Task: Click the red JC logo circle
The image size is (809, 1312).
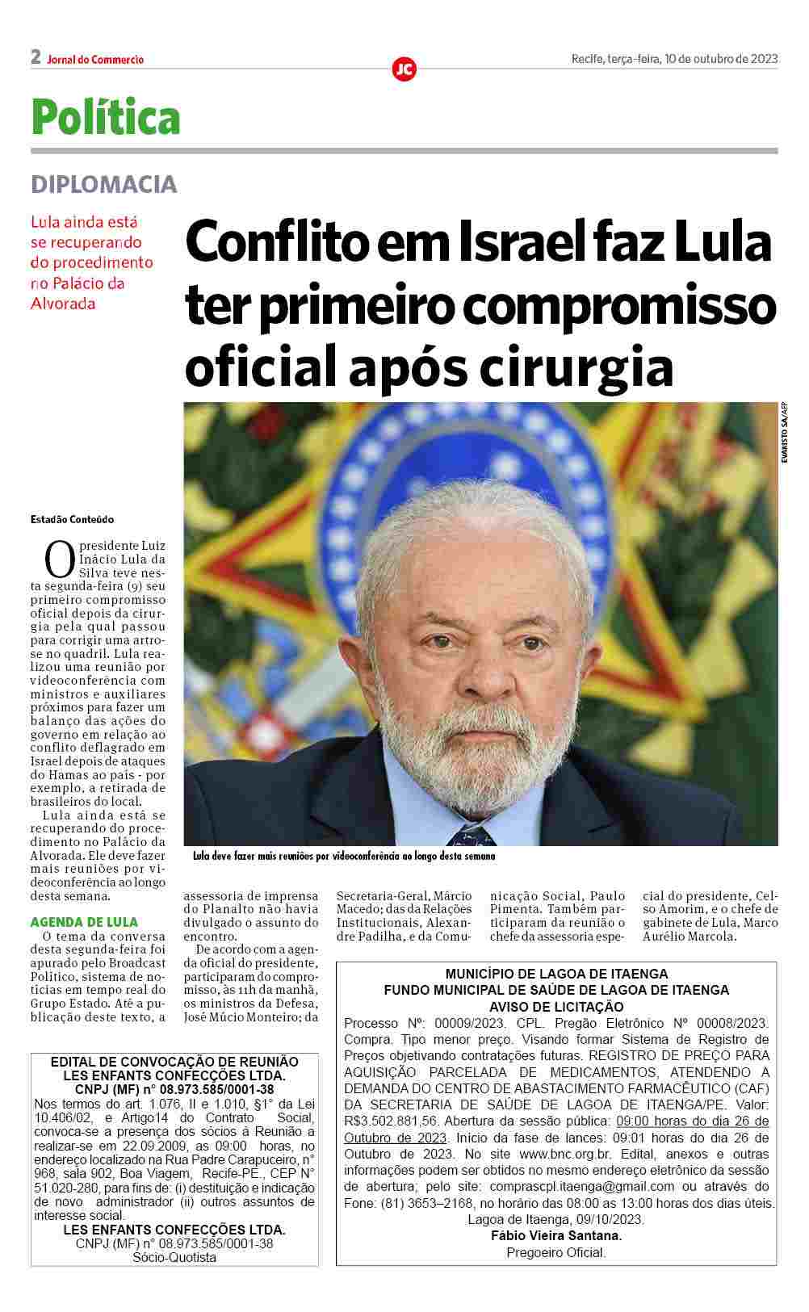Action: click(x=404, y=69)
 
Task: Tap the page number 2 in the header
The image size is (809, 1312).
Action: click(x=36, y=57)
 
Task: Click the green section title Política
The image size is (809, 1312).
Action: click(x=106, y=116)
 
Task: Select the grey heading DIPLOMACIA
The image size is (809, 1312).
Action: click(x=103, y=184)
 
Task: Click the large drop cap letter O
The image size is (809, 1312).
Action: click(x=59, y=560)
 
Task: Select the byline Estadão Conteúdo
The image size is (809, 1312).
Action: click(x=72, y=519)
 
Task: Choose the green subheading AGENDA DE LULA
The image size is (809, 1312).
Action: click(x=84, y=922)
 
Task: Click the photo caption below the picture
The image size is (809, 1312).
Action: click(x=344, y=856)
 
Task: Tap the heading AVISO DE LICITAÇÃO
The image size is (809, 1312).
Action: click(x=556, y=1006)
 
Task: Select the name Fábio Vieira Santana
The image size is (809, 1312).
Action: click(x=556, y=1235)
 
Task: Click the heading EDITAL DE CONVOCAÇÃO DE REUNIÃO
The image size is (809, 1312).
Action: click(x=174, y=1062)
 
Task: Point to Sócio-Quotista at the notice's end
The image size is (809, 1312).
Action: click(x=174, y=1257)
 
